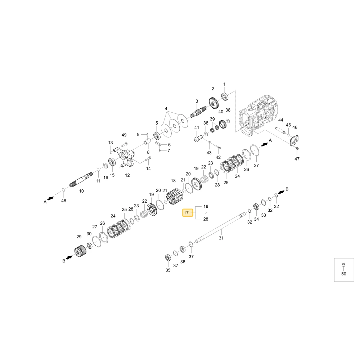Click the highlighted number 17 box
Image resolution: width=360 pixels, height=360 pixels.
188,213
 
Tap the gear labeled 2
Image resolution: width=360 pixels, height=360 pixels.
214,103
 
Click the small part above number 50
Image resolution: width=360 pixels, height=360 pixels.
343,265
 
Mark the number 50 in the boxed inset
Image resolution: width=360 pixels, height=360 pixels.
344,274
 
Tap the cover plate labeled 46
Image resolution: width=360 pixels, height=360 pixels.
294,140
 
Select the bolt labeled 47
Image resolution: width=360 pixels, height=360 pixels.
297,148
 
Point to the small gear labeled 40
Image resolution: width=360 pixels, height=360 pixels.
223,125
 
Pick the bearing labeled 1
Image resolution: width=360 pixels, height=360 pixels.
225,96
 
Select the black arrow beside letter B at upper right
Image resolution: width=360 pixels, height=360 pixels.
281,192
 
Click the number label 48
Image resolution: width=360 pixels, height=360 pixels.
64,201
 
